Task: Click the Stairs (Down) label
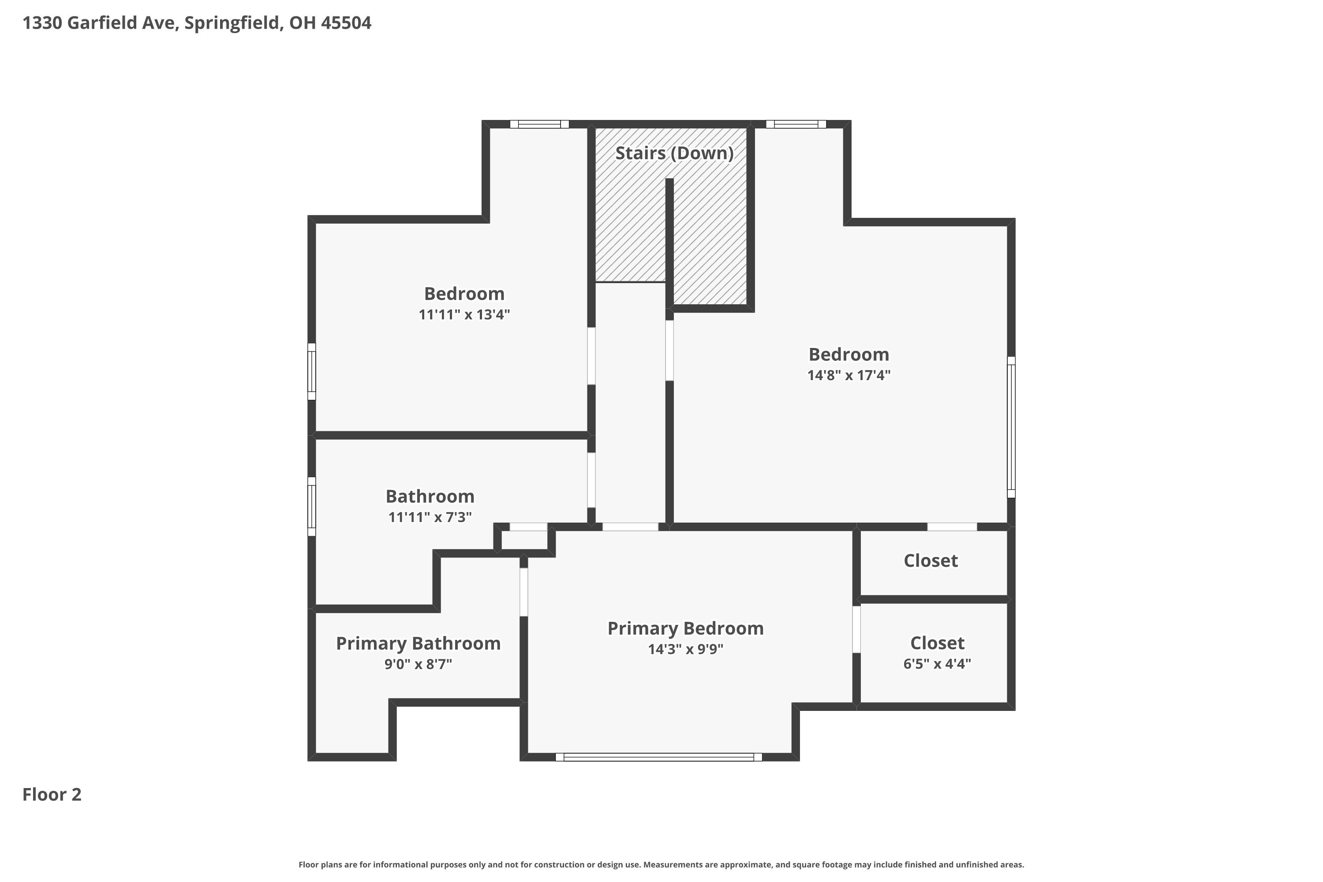coord(674,153)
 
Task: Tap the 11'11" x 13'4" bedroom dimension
coord(464,314)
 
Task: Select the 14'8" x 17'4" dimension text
coord(849,375)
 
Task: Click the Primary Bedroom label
coord(685,628)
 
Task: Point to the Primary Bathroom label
coord(418,643)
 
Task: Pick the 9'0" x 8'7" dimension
coord(418,664)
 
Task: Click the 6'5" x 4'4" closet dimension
coord(937,664)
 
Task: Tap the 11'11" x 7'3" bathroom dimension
coord(430,517)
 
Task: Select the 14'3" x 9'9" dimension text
coord(685,649)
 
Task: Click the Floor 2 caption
coord(52,794)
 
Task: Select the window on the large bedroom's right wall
coord(1011,427)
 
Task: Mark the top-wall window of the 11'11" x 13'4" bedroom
coord(539,124)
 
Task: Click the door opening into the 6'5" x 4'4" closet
coord(856,629)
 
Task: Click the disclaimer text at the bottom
coord(661,864)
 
